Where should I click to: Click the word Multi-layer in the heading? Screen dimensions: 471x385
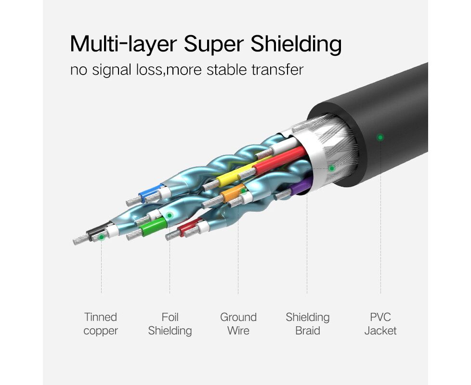[123, 44]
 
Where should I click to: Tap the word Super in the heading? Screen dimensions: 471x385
[214, 44]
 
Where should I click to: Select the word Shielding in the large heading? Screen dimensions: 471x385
[296, 44]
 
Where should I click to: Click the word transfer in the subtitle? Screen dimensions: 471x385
[277, 70]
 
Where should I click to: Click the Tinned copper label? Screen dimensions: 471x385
[101, 324]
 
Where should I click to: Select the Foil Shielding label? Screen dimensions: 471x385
[170, 324]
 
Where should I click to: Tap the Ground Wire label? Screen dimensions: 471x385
[238, 324]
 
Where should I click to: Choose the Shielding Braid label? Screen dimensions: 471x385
[307, 324]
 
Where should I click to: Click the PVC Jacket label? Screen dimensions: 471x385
[380, 324]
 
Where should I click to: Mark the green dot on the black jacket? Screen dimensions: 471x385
[380, 138]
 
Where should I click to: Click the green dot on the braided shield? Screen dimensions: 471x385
[332, 168]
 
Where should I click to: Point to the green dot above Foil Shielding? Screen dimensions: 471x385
[170, 215]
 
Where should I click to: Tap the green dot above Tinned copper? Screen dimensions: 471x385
[102, 237]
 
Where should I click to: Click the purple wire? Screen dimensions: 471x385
[301, 186]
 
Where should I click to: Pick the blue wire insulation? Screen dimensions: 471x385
[151, 192]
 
